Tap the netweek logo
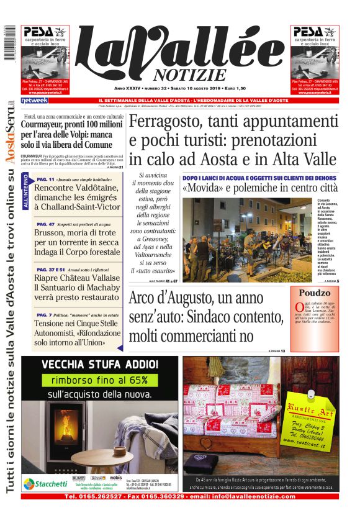[34, 101]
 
